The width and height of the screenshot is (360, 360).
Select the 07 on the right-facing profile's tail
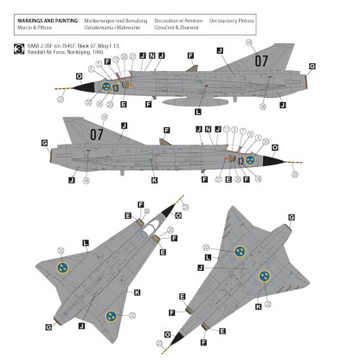click(96, 134)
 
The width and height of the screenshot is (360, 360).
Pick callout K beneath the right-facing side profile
click(154, 180)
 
